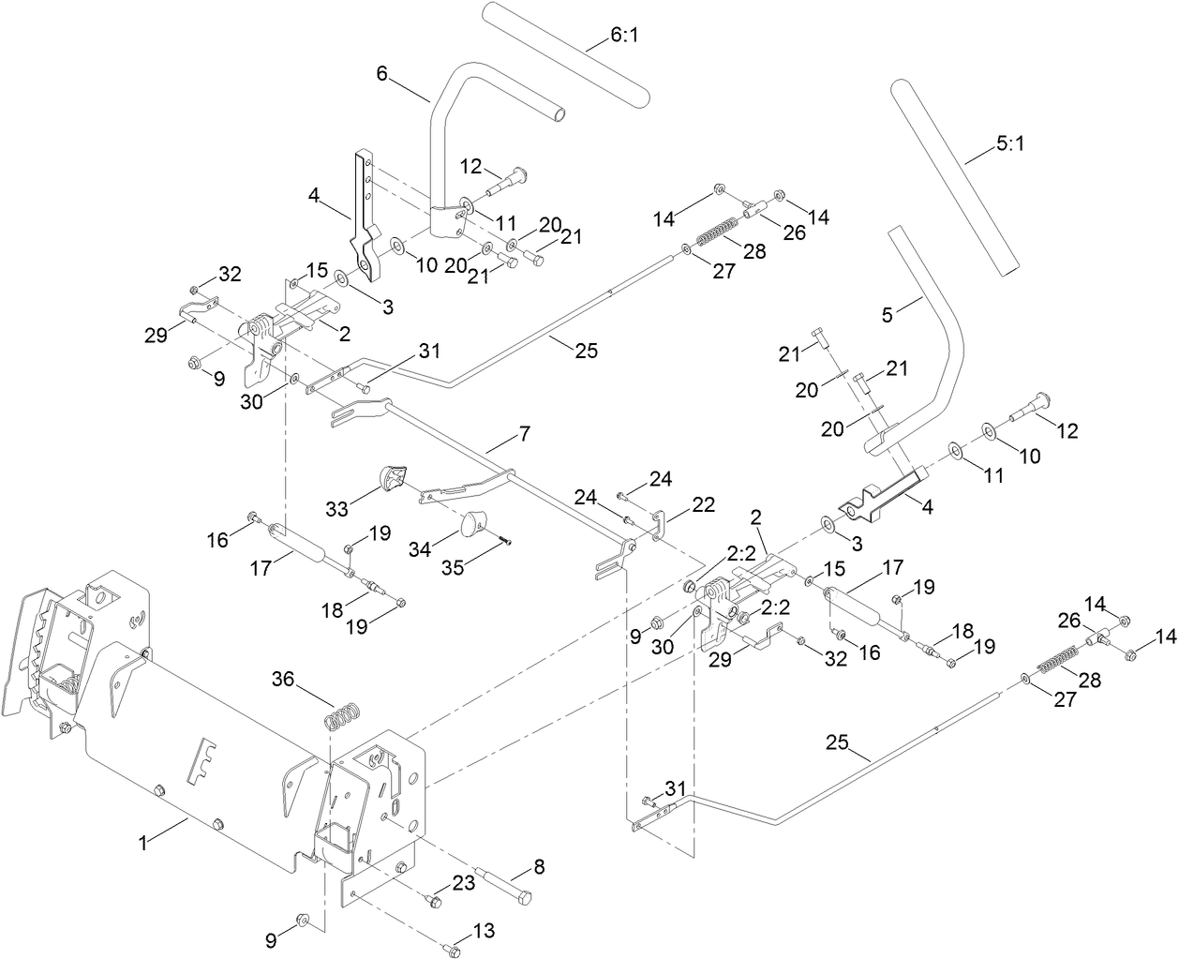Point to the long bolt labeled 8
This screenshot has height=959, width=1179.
506,886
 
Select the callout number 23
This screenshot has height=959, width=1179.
465,882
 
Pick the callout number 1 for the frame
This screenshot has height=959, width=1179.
143,843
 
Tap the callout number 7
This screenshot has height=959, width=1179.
523,436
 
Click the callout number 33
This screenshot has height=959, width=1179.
338,508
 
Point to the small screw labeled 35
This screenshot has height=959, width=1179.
505,537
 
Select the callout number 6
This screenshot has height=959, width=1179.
382,74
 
